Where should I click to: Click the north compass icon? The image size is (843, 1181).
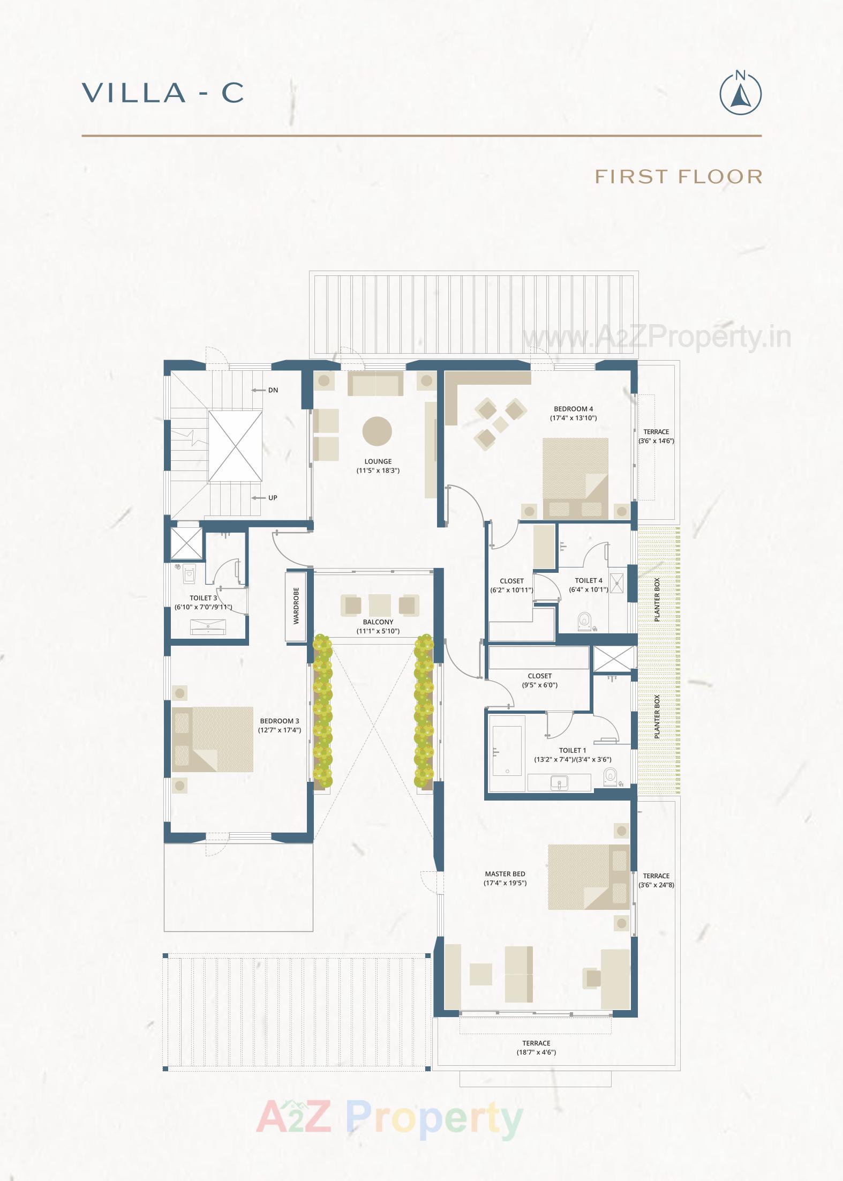coord(740,93)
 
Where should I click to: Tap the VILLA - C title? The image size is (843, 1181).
coord(163,93)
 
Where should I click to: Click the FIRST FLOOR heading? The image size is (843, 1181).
coord(679,176)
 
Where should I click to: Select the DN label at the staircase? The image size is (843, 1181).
coord(273,390)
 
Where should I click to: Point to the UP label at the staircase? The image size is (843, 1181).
coord(273,498)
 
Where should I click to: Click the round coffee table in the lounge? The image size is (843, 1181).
coord(377,431)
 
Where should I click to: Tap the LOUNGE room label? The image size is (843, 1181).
coord(378,461)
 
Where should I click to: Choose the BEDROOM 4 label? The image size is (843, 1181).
coord(574,409)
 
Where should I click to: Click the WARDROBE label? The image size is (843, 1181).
coord(296,606)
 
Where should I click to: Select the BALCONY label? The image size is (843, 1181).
coord(378,622)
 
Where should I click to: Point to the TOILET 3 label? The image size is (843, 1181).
coord(204,598)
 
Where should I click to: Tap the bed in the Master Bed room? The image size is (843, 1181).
coord(588,877)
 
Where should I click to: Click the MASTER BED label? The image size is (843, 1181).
coord(505,874)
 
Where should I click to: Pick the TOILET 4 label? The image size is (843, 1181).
coord(589,580)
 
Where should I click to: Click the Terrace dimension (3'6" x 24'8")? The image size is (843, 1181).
coord(656,885)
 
